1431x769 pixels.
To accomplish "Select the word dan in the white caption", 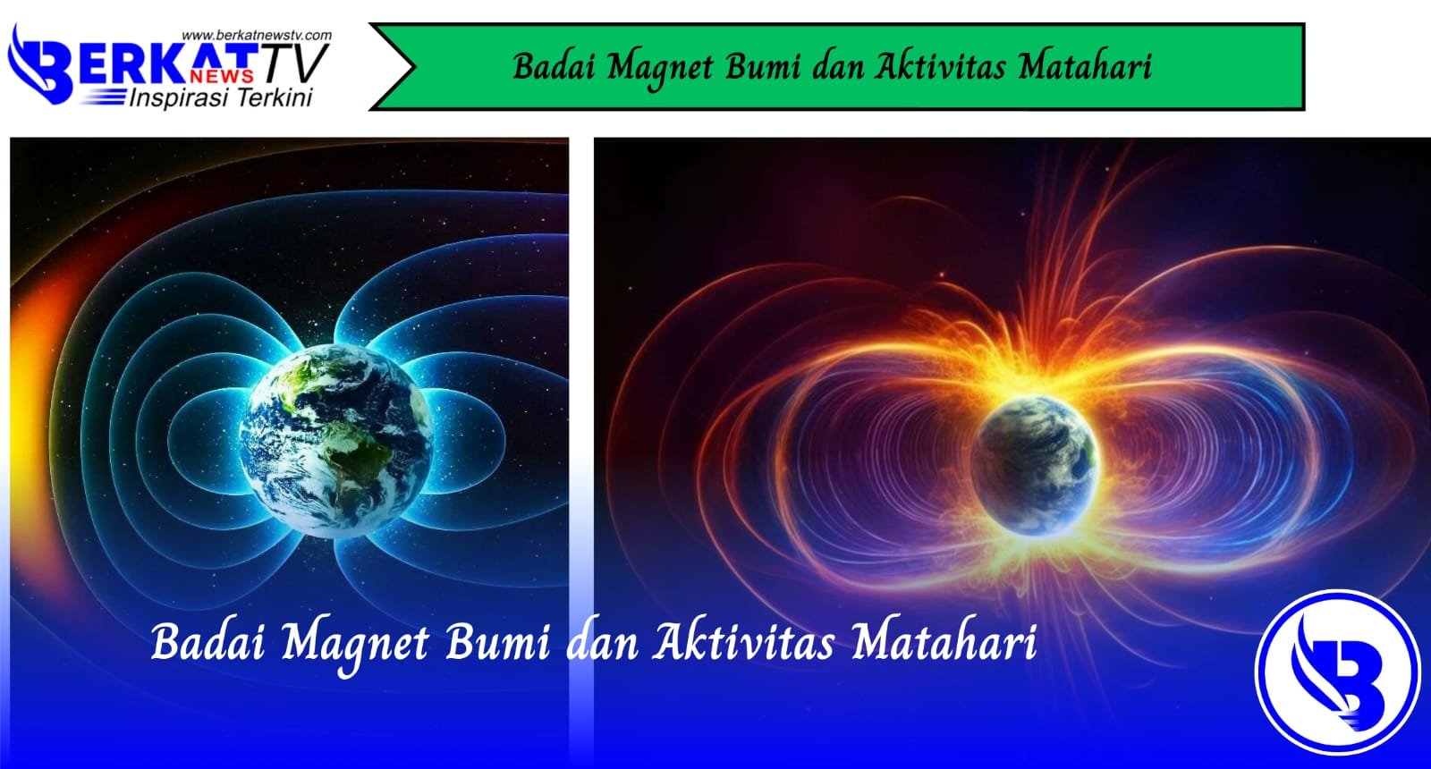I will (603, 643).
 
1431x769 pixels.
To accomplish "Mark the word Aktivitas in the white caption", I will (743, 643).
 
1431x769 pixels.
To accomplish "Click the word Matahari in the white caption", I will (944, 643).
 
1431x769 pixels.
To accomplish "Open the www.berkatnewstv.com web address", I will (256, 36).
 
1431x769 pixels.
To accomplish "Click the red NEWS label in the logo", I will (227, 76).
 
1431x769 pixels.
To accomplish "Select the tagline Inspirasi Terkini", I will (221, 97).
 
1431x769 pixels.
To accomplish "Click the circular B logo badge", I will (1337, 672).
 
